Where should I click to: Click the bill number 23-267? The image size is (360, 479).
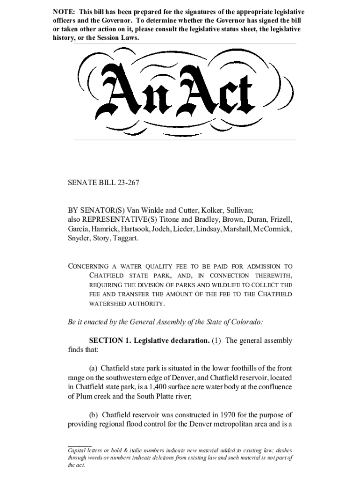[x=126, y=183]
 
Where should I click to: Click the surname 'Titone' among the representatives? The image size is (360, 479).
[x=173, y=219]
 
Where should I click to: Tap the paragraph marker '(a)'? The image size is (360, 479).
[x=94, y=368]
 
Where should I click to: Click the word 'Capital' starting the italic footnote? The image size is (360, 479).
[x=77, y=450]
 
